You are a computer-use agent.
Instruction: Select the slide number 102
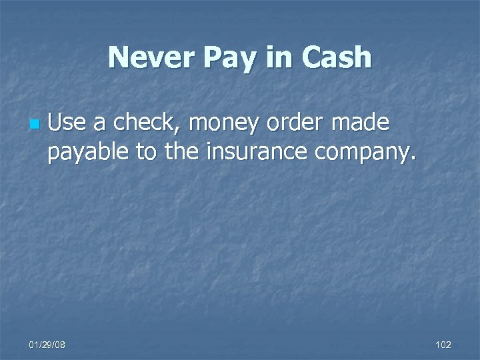point(443,345)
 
